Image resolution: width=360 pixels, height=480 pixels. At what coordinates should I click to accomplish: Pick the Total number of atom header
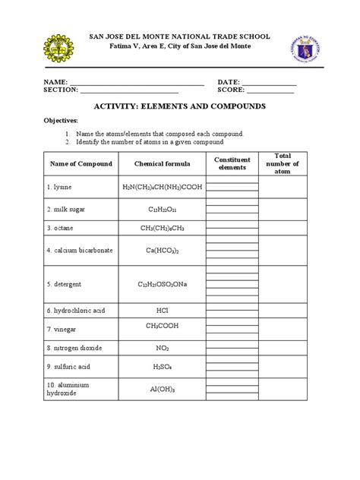pyautogui.click(x=282, y=163)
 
